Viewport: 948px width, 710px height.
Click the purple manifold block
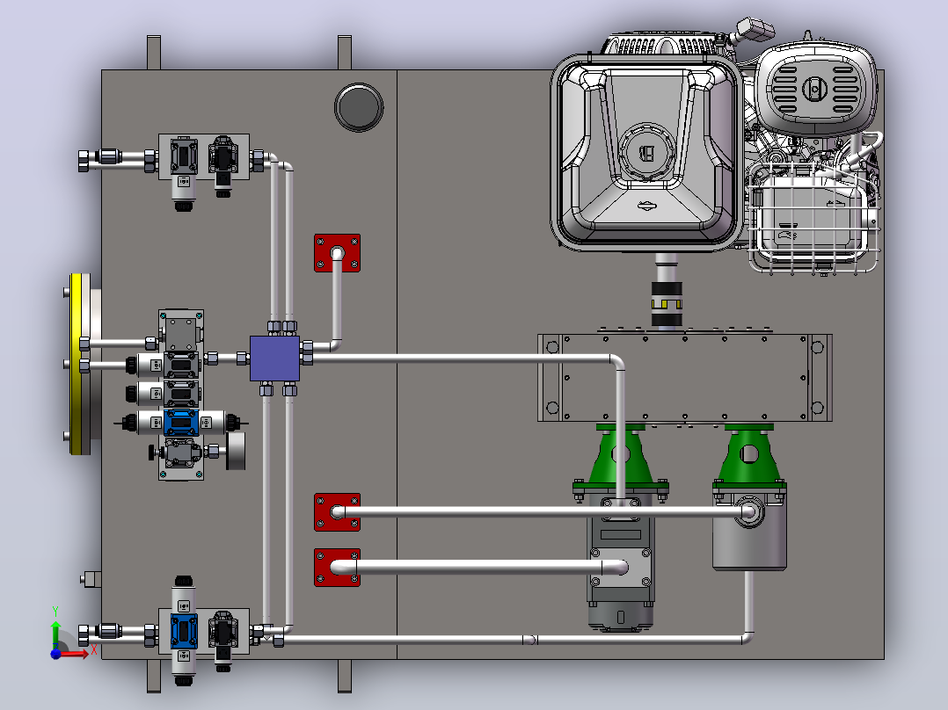[274, 359]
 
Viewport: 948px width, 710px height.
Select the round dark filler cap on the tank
[359, 107]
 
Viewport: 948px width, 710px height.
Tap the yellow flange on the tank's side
[77, 364]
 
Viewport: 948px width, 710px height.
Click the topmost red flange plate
[338, 253]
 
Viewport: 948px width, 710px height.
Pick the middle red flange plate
[338, 512]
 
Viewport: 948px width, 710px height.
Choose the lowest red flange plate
[338, 568]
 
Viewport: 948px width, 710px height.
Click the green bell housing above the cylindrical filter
[749, 454]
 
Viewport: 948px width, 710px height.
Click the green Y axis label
[55, 612]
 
